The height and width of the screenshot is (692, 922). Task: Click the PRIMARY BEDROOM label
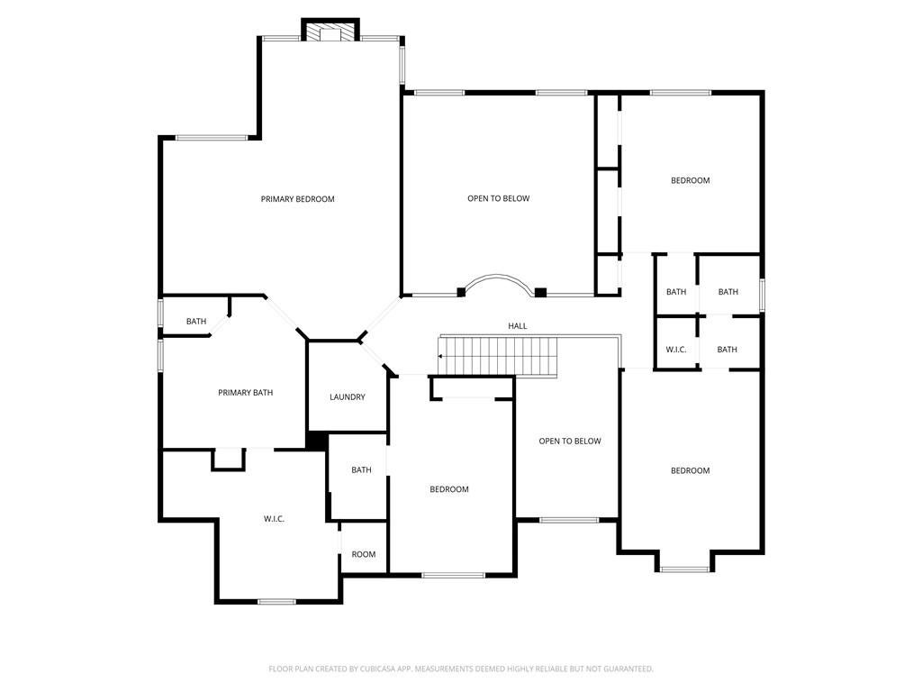tap(297, 199)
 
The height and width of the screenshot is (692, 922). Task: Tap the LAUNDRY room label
tap(347, 397)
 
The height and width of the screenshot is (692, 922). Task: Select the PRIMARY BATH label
tap(245, 393)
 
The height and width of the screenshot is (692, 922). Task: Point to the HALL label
tap(518, 325)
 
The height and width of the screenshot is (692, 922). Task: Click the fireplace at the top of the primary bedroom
tap(330, 31)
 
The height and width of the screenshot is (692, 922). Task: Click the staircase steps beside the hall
tap(498, 355)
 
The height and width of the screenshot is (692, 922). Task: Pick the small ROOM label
tap(364, 554)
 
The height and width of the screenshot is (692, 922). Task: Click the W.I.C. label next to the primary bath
tap(274, 518)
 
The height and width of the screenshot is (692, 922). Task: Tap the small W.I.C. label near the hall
tap(675, 350)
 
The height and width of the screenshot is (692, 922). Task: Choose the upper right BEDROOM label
tap(691, 180)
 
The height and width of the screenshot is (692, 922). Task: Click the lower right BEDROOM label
tap(691, 470)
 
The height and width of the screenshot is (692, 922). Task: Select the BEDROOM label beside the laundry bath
tap(449, 489)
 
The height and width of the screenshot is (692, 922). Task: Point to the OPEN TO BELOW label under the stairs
tap(570, 441)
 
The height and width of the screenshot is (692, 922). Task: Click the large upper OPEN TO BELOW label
tap(499, 198)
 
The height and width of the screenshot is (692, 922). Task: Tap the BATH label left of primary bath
tap(196, 322)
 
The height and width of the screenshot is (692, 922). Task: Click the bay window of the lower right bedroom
tap(684, 569)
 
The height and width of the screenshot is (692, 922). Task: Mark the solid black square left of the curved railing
tap(461, 292)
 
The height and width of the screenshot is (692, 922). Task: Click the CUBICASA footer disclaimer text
tap(461, 669)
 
